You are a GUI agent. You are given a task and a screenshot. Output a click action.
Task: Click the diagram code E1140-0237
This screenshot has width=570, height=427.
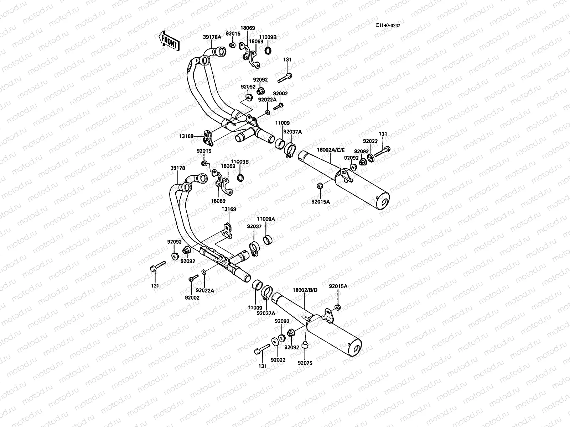pyautogui.click(x=390, y=25)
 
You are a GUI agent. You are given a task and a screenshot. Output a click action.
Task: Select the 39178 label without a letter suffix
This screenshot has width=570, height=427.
pyautogui.click(x=177, y=168)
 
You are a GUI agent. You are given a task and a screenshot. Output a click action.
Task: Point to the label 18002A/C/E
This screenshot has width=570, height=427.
pyautogui.click(x=331, y=150)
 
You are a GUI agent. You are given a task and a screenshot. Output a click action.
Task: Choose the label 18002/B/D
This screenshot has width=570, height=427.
pyautogui.click(x=305, y=290)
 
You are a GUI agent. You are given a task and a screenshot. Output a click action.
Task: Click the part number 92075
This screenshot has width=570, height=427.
pyautogui.click(x=305, y=363)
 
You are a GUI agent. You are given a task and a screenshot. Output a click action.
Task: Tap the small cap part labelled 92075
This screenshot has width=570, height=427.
pyautogui.click(x=305, y=344)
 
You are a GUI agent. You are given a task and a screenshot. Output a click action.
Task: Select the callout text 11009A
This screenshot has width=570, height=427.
pyautogui.click(x=266, y=219)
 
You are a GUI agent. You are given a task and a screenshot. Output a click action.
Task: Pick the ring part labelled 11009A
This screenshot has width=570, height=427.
pyautogui.click(x=268, y=240)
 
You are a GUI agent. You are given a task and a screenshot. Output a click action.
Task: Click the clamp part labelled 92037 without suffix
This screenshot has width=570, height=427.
pyautogui.click(x=254, y=248)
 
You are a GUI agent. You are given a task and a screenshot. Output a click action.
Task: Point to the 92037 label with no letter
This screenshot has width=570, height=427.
pyautogui.click(x=254, y=226)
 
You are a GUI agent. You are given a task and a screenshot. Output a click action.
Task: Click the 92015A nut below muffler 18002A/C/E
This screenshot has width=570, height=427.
pyautogui.click(x=320, y=185)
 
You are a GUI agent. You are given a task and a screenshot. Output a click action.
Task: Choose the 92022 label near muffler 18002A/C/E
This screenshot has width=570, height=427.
pyautogui.click(x=370, y=141)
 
